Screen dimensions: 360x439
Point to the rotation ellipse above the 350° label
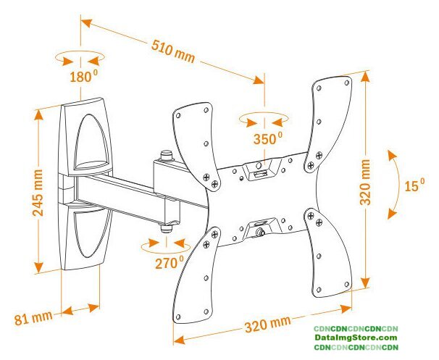point(264,117)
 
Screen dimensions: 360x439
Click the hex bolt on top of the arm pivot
point(166,154)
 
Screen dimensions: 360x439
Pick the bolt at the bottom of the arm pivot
point(166,227)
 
